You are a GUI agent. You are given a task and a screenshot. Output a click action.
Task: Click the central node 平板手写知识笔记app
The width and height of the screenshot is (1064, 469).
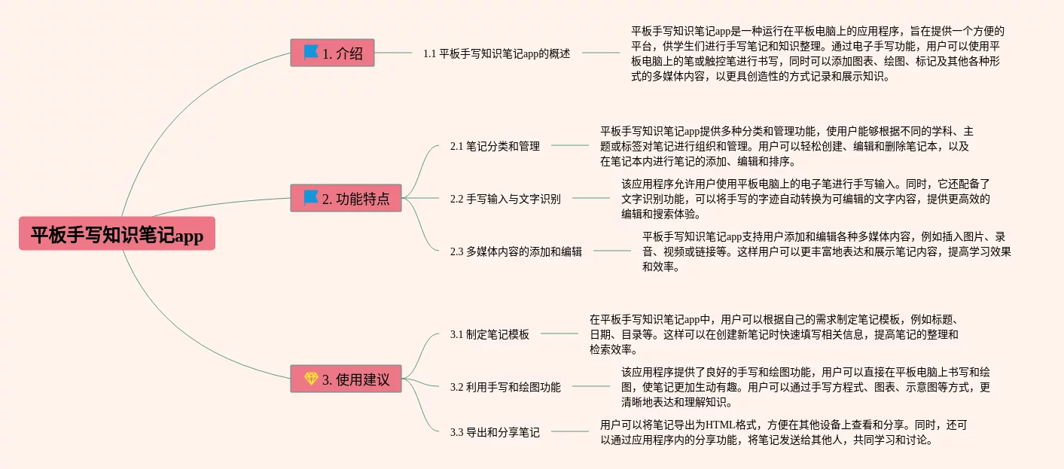(117, 234)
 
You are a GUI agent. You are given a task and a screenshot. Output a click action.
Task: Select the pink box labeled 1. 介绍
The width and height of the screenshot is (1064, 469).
(332, 53)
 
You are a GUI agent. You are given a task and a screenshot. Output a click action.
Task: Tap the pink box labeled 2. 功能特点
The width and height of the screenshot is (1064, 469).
(346, 199)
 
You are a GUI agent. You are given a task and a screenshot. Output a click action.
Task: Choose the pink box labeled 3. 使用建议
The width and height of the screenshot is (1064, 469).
(346, 379)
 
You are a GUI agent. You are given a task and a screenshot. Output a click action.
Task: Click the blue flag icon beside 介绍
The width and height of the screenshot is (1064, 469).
(311, 53)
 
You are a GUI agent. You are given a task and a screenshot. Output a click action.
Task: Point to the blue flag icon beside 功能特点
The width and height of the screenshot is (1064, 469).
(311, 198)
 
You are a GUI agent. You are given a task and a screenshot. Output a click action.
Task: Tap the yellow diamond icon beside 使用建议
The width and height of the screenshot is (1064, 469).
(311, 379)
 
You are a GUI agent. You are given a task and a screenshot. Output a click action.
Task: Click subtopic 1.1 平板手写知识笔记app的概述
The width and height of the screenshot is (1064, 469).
(496, 53)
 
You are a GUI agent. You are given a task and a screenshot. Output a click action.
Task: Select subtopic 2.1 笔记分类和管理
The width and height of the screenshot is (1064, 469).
(495, 146)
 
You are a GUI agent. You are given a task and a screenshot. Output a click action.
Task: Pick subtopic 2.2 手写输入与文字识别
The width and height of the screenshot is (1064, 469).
(505, 199)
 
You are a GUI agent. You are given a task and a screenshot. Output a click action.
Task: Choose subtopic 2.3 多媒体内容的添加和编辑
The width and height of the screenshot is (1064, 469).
(516, 251)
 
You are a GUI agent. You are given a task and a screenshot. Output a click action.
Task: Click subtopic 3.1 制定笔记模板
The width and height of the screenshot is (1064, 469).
(489, 334)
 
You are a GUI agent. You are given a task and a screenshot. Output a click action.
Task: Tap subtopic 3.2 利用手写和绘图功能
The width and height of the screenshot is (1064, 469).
(505, 387)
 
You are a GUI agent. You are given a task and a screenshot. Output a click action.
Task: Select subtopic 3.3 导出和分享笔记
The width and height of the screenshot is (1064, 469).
(495, 432)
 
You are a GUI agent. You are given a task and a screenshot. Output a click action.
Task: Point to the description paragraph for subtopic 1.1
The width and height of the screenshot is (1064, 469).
(817, 53)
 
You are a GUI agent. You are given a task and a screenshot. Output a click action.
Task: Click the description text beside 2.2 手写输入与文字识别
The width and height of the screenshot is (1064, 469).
(805, 199)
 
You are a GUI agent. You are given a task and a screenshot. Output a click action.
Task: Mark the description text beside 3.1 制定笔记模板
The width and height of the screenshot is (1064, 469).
(773, 334)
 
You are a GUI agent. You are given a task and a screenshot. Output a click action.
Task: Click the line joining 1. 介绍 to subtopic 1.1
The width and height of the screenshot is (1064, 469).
(393, 53)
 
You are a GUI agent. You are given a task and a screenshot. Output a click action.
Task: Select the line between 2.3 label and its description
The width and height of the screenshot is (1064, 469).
(611, 251)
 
